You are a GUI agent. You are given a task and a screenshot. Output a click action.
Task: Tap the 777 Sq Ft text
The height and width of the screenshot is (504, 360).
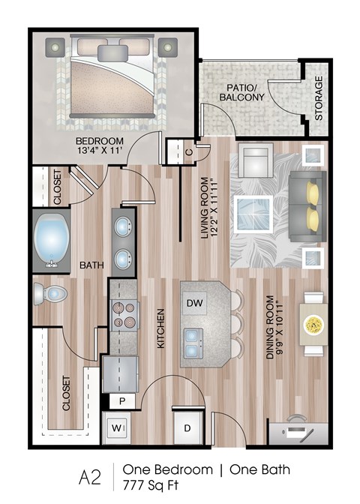point(158,484)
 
